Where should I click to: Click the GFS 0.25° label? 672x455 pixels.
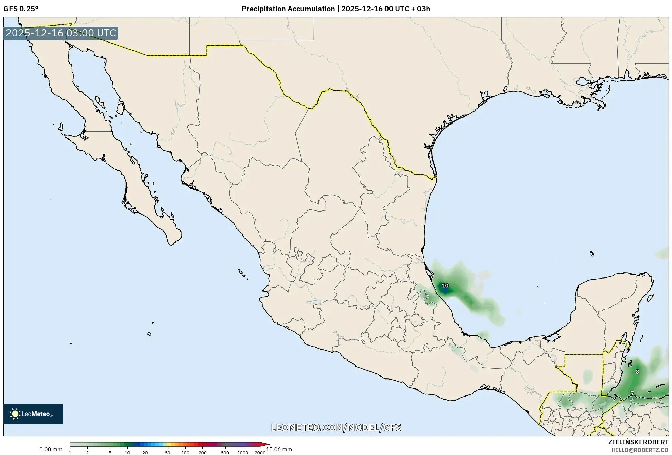pyautogui.click(x=21, y=9)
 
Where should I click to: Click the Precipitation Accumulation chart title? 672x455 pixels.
pyautogui.click(x=335, y=9)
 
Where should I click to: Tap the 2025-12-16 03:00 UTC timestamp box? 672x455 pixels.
pyautogui.click(x=61, y=33)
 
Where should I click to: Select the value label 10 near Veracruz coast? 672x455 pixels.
pyautogui.click(x=445, y=286)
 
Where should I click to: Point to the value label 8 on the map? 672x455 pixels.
pyautogui.click(x=637, y=372)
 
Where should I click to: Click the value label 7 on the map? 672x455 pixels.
pyautogui.click(x=632, y=393)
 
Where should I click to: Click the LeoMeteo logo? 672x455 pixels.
pyautogui.click(x=33, y=414)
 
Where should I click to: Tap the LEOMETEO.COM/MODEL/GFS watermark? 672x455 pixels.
pyautogui.click(x=336, y=427)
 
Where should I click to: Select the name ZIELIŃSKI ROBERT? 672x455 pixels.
pyautogui.click(x=638, y=442)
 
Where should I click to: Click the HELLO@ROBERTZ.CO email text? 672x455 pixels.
pyautogui.click(x=640, y=450)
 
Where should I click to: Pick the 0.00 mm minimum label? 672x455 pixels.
pyautogui.click(x=51, y=449)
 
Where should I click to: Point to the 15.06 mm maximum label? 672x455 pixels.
pyautogui.click(x=279, y=449)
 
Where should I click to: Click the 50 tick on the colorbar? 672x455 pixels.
pyautogui.click(x=167, y=453)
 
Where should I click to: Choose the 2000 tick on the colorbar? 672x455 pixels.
pyautogui.click(x=260, y=453)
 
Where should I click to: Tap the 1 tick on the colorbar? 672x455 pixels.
pyautogui.click(x=70, y=453)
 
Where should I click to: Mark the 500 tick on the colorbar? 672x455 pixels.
pyautogui.click(x=225, y=453)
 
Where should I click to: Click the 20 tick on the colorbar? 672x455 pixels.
pyautogui.click(x=145, y=453)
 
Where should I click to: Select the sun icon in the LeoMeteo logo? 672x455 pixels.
pyautogui.click(x=15, y=414)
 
